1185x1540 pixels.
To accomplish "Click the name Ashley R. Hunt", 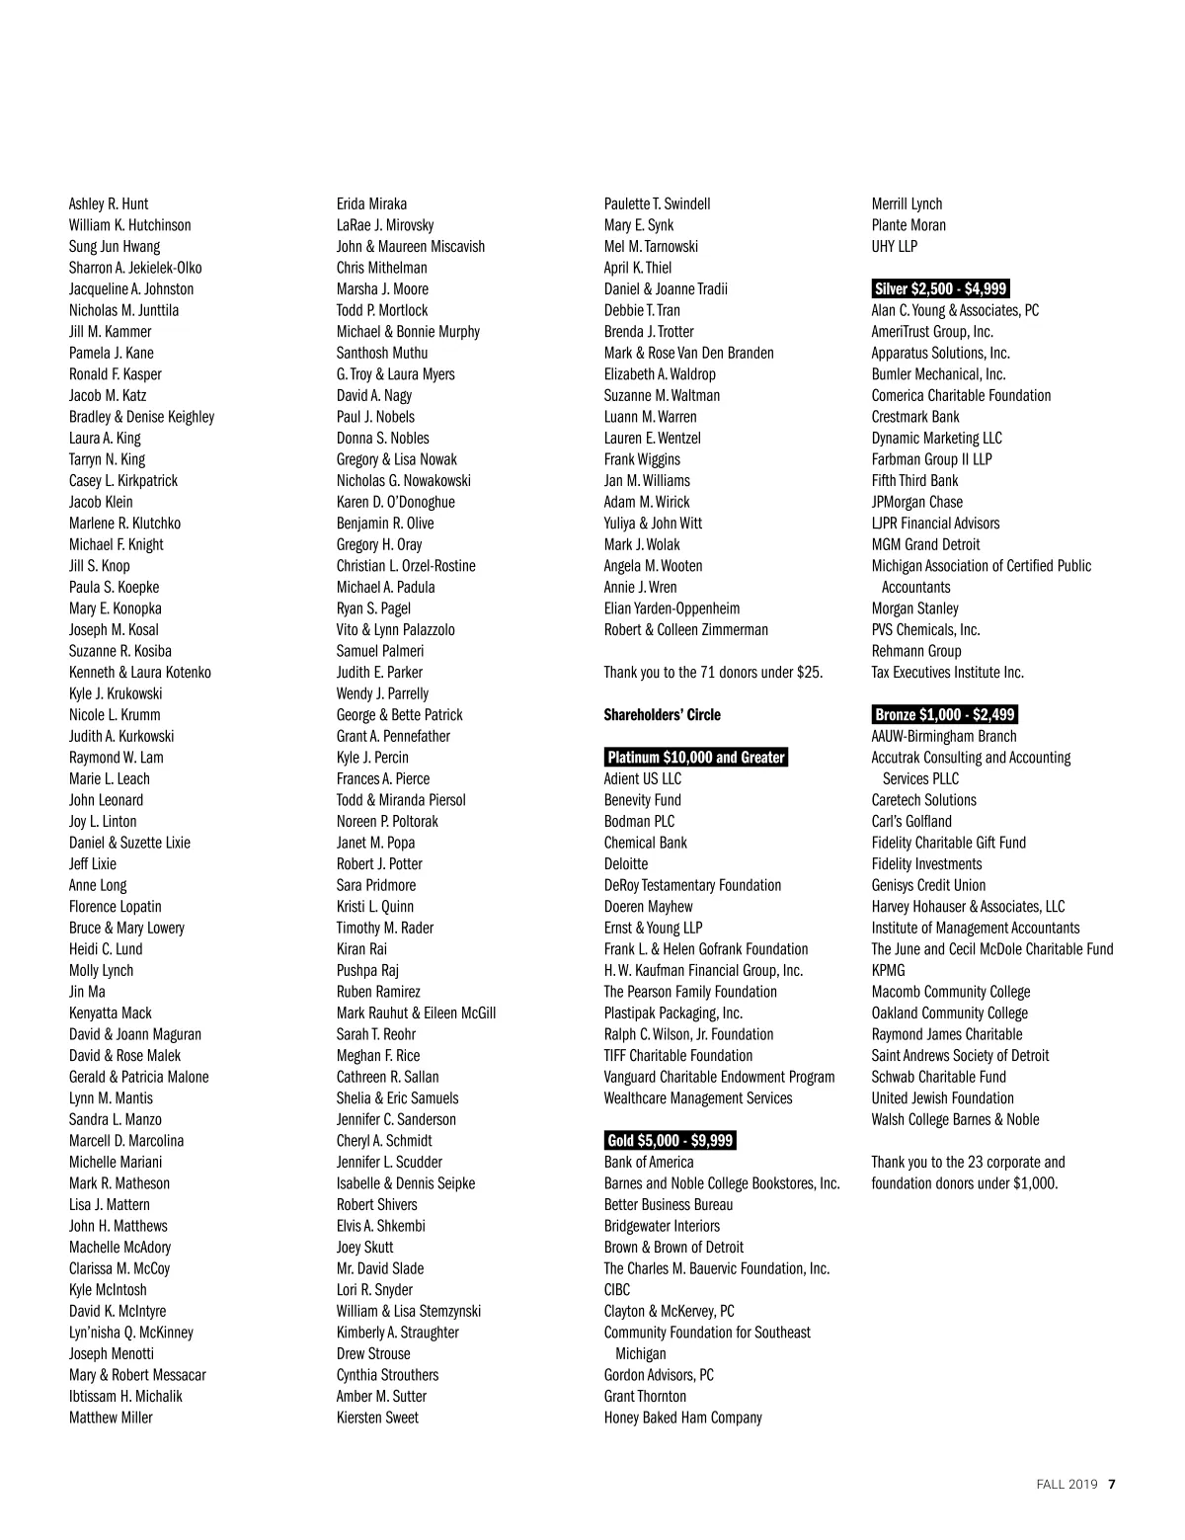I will click(109, 204).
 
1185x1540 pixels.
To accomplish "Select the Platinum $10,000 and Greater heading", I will click(696, 758).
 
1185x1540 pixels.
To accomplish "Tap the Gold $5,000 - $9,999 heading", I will click(671, 1141).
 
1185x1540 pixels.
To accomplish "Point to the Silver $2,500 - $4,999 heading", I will click(940, 289).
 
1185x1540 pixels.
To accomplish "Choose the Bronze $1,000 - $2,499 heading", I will click(945, 715).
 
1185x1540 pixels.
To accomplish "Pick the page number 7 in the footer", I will click(1112, 1484).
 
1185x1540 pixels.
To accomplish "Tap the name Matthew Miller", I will click(111, 1418).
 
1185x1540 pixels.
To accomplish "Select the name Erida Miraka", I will click(371, 204).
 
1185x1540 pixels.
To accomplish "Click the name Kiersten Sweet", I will click(377, 1418).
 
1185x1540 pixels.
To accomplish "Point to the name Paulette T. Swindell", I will click(657, 204).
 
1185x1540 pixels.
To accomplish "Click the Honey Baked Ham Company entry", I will click(683, 1418).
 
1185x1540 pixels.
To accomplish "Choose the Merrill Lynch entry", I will click(907, 204).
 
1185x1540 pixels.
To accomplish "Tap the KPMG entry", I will click(888, 971).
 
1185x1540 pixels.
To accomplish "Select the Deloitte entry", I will click(626, 864).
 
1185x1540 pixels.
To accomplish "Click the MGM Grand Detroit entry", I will click(925, 544).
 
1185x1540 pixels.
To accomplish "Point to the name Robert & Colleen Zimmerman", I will click(685, 630).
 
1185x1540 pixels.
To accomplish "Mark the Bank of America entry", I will click(649, 1163).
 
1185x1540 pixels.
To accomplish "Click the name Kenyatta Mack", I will click(111, 1013).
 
